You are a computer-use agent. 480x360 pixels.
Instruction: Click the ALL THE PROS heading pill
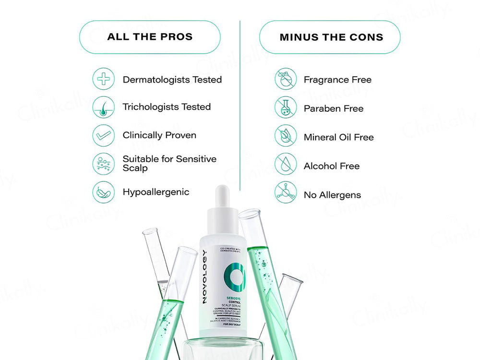coord(150,37)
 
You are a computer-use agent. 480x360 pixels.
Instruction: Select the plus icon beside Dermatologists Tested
coord(104,79)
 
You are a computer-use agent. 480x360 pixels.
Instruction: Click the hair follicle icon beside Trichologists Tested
coord(104,107)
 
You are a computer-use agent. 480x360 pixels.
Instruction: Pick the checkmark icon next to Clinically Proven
coord(104,135)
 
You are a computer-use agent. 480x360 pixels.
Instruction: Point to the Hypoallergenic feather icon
coord(104,192)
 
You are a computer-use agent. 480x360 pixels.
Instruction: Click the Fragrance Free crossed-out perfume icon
coord(286,79)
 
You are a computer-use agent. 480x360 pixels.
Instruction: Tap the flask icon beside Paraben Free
coord(286,108)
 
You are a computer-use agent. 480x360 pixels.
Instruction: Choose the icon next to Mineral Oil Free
coord(286,136)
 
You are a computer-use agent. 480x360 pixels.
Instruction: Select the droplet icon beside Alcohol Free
coord(286,165)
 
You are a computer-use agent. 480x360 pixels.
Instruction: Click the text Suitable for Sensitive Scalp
coord(169,163)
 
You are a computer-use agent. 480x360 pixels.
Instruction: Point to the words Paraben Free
coord(333,108)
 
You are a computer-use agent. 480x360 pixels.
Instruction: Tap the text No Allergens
coord(332,195)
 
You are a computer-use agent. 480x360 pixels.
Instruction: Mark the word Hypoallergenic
coord(156,192)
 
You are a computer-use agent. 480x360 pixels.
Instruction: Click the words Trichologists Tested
coord(167,107)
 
